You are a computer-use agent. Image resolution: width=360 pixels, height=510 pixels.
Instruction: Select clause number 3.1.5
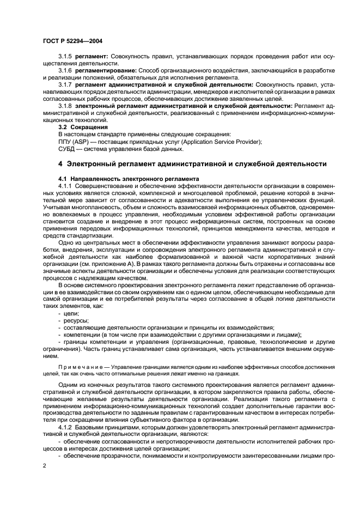click(x=66, y=57)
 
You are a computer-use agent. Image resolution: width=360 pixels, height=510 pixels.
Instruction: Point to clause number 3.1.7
click(x=66, y=85)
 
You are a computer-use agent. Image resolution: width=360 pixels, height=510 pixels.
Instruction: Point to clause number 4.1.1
click(x=66, y=186)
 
